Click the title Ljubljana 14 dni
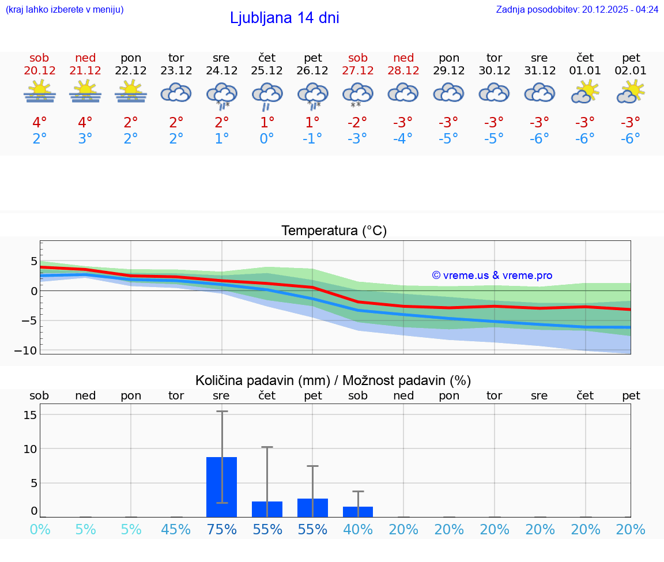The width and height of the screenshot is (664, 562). (x=284, y=18)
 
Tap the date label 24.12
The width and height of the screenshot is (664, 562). (x=221, y=71)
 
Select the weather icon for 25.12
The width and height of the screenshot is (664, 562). (x=267, y=95)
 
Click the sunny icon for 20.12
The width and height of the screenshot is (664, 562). (x=39, y=92)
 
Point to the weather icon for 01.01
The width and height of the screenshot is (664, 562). (x=585, y=92)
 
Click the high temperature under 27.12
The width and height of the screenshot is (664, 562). (x=357, y=122)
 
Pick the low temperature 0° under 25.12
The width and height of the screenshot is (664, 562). (x=267, y=138)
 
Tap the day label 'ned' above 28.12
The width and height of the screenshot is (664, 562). (x=403, y=58)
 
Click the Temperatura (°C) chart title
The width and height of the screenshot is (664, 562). (x=334, y=231)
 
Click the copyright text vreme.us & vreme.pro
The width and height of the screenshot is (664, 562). (x=492, y=276)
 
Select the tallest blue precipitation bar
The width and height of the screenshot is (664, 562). (x=221, y=486)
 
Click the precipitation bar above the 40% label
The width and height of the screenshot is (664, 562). (x=358, y=511)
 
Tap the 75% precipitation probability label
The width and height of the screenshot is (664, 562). (x=221, y=529)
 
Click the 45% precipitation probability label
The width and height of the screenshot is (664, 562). (x=176, y=529)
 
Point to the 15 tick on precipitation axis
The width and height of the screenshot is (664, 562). (x=31, y=415)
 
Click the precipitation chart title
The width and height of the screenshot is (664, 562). (x=333, y=380)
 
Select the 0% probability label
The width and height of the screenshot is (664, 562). (x=40, y=529)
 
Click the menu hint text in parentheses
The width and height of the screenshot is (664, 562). (x=65, y=9)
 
